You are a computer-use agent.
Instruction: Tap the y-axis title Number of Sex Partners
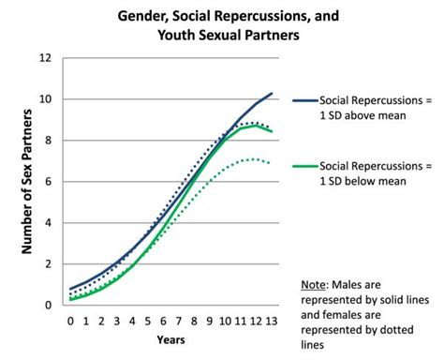[x=27, y=181]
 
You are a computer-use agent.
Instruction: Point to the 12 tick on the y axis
[x=45, y=58]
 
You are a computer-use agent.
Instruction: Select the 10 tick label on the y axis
[x=45, y=99]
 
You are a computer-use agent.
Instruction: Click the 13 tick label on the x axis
[x=272, y=322]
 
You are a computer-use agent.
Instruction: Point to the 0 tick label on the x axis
[x=70, y=322]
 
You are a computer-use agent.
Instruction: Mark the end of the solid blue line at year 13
[x=272, y=94]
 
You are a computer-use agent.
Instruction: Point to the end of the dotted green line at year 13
[x=272, y=163]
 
